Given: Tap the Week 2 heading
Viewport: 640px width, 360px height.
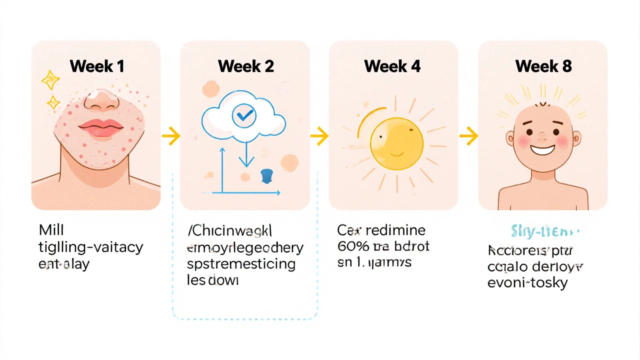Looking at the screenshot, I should click(245, 66).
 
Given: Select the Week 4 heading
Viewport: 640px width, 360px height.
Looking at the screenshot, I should click(392, 66).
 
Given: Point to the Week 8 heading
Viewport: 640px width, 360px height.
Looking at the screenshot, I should click(543, 66).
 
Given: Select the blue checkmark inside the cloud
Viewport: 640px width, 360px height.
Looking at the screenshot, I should click(244, 116).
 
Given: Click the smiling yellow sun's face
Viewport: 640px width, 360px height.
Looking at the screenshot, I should click(396, 144).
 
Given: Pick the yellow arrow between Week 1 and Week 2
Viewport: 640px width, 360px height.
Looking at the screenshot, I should click(170, 135).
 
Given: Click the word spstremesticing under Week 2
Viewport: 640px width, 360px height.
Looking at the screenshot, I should click(241, 264).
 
